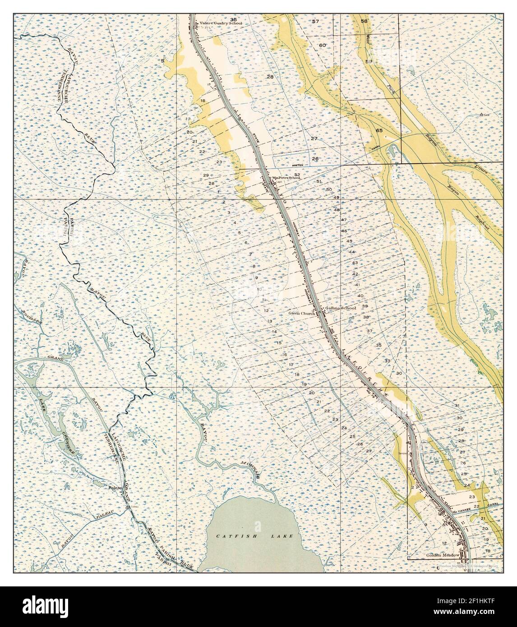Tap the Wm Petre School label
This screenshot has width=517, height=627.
[286, 178]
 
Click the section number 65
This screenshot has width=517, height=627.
[379, 130]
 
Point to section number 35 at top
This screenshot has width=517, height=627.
[233, 19]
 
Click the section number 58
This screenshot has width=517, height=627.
[364, 21]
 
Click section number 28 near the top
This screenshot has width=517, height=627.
[270, 77]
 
